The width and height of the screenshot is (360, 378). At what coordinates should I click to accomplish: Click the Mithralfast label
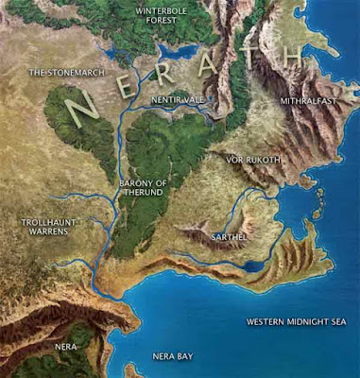click(306, 99)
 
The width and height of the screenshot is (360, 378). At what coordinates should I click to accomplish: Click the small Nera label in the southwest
click(65, 347)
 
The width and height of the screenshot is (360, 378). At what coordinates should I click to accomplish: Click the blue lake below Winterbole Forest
click(179, 53)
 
